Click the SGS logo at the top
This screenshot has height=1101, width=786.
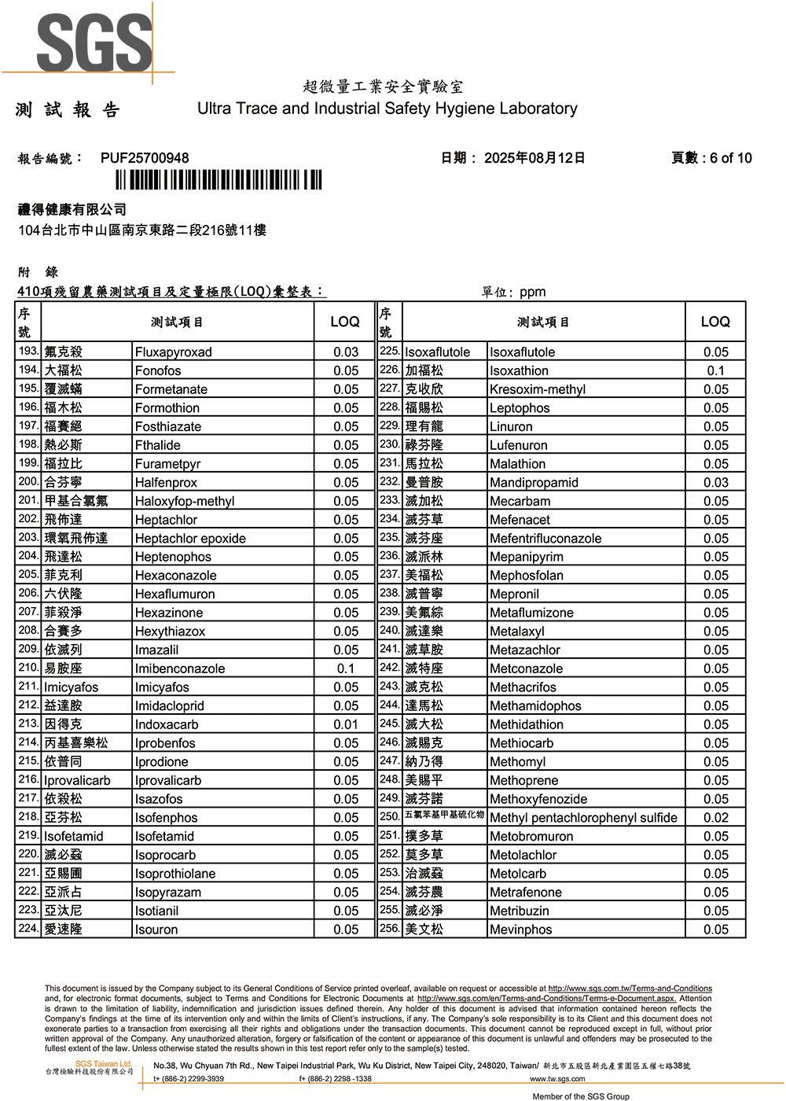point(94,43)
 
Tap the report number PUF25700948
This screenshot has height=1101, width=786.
point(145,158)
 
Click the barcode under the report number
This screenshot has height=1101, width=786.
point(219,181)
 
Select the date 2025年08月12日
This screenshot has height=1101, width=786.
point(534,158)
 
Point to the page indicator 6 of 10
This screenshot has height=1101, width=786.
point(731,158)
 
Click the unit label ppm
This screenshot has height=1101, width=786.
point(532,292)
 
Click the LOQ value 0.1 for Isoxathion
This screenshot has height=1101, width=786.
point(715,370)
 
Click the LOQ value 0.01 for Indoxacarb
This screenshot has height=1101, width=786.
point(346,724)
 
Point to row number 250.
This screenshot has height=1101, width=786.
point(390,816)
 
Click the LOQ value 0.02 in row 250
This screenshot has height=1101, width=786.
point(715,818)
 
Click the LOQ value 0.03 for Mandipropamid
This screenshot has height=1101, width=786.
point(715,483)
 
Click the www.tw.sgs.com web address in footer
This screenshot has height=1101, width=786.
point(557,1079)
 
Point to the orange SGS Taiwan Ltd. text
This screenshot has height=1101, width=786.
point(104,1064)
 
